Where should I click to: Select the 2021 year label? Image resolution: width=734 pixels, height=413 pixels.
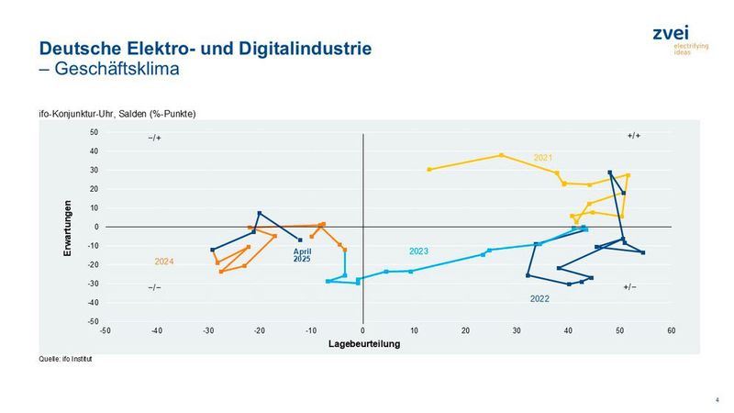click(543, 158)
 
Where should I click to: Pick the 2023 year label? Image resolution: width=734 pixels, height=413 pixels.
click(419, 251)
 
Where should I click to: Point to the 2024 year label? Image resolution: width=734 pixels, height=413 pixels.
click(164, 262)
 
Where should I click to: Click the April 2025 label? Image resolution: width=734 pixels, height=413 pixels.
click(302, 254)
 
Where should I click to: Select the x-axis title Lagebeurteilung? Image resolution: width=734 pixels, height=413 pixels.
click(363, 344)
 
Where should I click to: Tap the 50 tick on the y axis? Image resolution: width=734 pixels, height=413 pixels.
click(93, 132)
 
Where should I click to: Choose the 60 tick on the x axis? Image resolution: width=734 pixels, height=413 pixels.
click(672, 329)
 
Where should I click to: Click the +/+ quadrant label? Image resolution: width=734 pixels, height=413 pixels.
click(634, 136)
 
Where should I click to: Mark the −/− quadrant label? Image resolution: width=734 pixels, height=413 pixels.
click(154, 287)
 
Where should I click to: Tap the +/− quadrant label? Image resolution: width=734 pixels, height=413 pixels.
click(629, 287)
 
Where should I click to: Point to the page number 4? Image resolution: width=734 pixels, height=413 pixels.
click(716, 399)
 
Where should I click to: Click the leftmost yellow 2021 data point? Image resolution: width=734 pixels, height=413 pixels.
click(429, 169)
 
